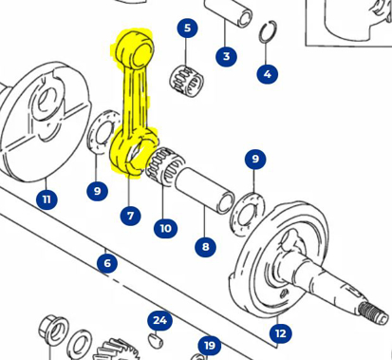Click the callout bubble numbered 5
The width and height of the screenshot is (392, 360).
pos(187,28)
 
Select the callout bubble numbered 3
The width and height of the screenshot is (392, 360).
pos(226,57)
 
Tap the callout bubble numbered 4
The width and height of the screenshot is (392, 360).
pos(267,73)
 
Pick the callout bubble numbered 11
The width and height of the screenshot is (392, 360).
pos(47,199)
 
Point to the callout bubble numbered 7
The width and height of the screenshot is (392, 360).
pos(131,216)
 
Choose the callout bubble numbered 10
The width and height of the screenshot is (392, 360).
pos(165,228)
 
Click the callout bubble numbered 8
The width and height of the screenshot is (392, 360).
pos(205,247)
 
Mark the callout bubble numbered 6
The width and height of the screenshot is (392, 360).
pos(107,263)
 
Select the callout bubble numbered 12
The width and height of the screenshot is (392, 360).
pos(280,332)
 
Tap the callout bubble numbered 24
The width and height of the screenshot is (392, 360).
pos(159,320)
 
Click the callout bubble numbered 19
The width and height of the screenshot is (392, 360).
pos(209,345)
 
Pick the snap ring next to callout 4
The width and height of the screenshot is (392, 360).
pos(269,34)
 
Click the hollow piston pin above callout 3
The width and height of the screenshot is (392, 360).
pos(237,17)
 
